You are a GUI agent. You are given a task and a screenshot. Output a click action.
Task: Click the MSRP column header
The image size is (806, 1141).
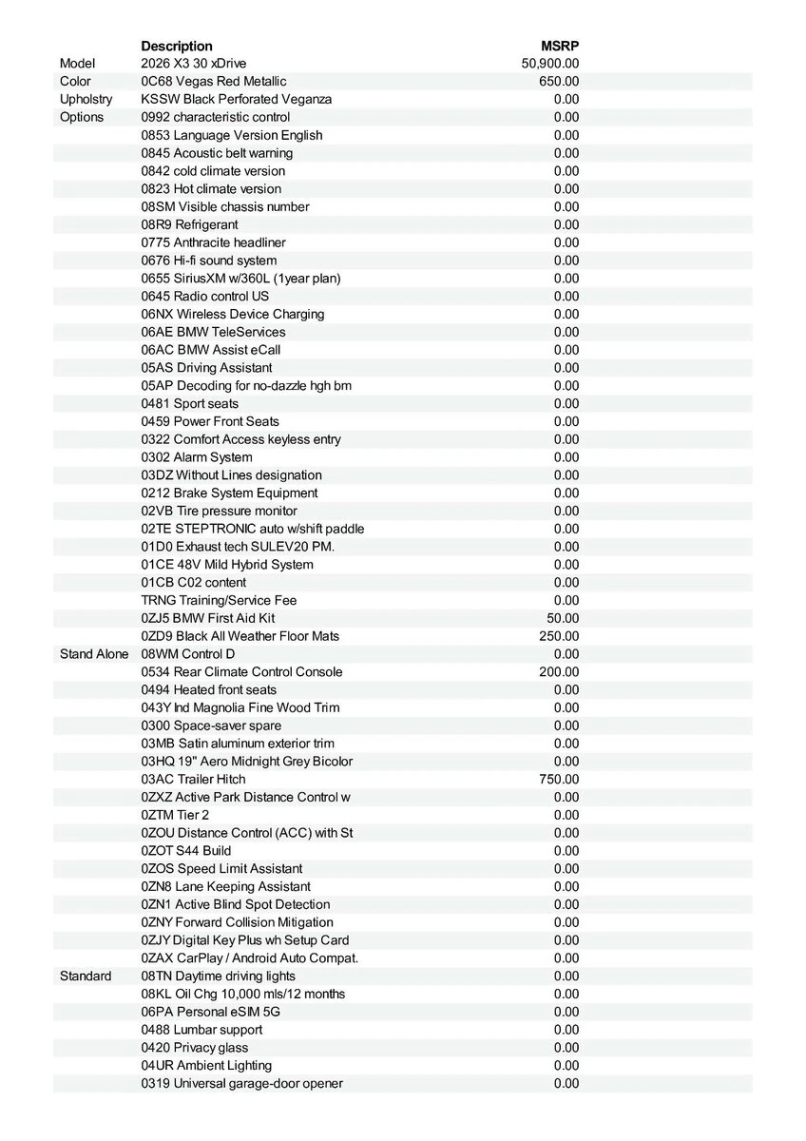(x=560, y=46)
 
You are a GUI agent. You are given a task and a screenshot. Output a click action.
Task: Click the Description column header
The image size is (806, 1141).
(x=177, y=46)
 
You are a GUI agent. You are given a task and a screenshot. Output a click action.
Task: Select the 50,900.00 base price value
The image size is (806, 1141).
(x=550, y=64)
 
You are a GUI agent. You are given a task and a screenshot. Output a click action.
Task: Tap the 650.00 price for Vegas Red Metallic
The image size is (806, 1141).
(x=559, y=82)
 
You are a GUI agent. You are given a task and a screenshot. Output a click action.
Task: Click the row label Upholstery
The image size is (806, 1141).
(x=86, y=100)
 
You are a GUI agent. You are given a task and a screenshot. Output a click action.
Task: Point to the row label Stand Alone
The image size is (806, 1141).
(x=94, y=654)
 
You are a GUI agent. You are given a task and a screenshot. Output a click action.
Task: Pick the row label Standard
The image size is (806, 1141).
(x=86, y=977)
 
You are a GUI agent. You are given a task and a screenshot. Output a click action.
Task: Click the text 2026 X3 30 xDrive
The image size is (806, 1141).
(x=193, y=64)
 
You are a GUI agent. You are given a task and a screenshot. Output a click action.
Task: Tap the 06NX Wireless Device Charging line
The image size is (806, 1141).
(x=233, y=315)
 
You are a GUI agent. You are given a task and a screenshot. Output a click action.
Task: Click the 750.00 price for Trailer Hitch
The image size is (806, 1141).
(x=559, y=780)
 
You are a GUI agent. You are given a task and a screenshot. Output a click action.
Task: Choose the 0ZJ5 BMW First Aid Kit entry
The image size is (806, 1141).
(x=208, y=618)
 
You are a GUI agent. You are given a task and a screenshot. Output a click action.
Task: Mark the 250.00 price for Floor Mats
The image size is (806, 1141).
(x=559, y=636)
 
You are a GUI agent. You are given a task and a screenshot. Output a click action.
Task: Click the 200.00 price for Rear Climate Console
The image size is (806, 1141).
(x=559, y=672)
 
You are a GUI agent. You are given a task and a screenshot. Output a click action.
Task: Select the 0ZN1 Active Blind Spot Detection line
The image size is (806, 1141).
(x=236, y=904)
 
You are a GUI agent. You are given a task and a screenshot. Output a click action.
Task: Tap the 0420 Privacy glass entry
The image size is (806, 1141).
(x=195, y=1048)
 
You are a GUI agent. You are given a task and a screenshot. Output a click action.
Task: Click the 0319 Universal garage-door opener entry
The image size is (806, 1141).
(x=242, y=1084)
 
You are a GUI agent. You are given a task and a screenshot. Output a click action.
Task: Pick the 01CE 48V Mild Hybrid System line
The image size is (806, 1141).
(x=227, y=565)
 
